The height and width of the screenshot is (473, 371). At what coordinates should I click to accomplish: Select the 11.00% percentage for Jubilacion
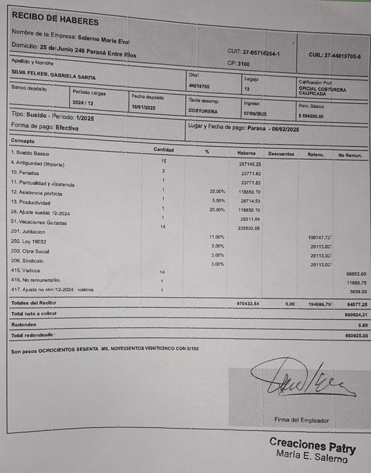click(217, 237)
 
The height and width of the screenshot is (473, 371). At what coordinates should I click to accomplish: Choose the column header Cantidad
click(164, 149)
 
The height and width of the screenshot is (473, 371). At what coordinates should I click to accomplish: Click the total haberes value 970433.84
click(249, 304)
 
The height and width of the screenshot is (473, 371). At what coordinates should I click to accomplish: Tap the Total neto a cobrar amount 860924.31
click(355, 314)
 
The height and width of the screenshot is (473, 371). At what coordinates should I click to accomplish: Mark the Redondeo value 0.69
click(361, 325)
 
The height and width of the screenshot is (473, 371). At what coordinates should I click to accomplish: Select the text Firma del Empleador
click(302, 420)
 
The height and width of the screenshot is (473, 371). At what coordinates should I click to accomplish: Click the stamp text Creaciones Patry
click(312, 446)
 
